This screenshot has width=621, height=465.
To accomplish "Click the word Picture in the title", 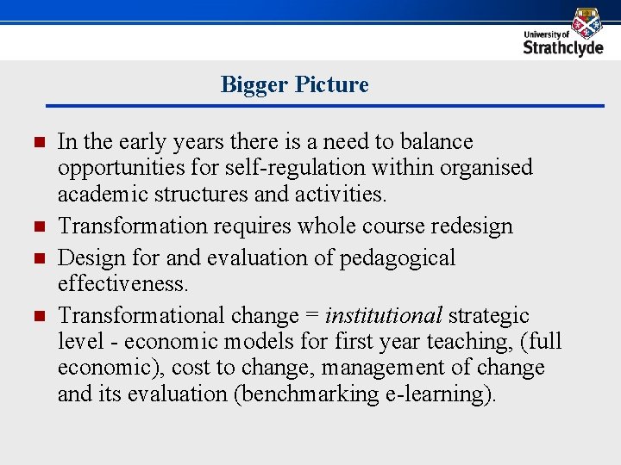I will (x=331, y=84).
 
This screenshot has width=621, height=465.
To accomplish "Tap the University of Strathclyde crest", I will (x=586, y=22).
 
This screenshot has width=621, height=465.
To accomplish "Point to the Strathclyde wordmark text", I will (x=563, y=48).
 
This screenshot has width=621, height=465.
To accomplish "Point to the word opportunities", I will (x=118, y=167).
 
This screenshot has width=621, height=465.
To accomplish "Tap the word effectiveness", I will (x=122, y=283).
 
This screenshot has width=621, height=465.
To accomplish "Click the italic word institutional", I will (x=383, y=316).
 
